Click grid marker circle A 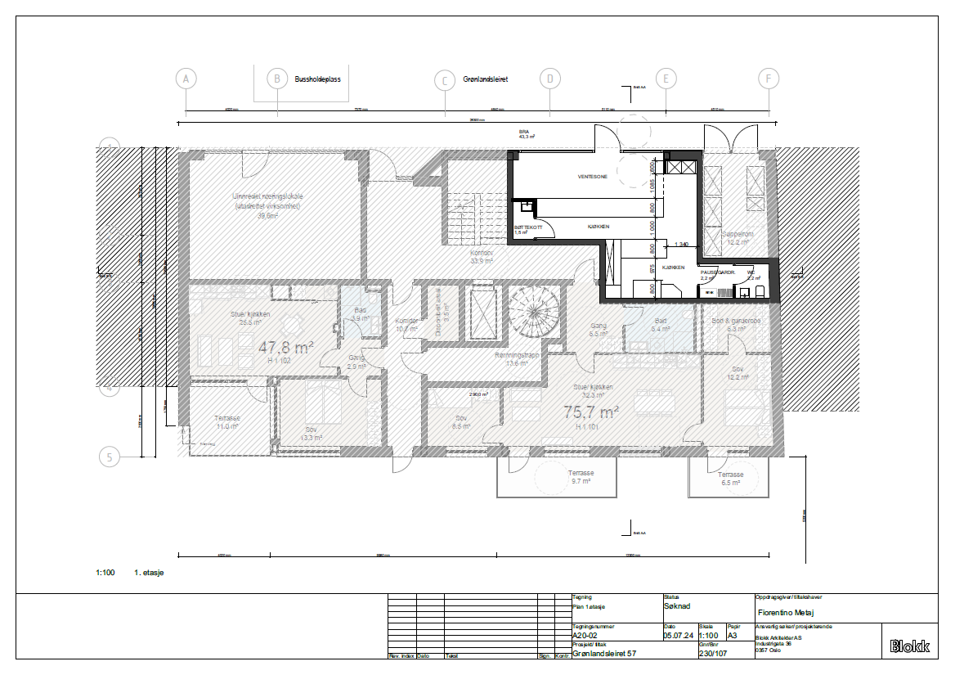[x=186, y=79]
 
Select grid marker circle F [x=769, y=79]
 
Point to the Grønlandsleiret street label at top [x=486, y=79]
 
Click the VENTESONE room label [x=591, y=177]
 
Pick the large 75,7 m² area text [x=591, y=412]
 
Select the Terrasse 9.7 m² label [x=581, y=477]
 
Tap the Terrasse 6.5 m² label [x=730, y=479]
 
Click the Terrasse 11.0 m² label [x=226, y=421]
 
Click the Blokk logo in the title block [x=909, y=646]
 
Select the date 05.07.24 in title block [x=678, y=635]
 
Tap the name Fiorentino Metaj [x=788, y=611]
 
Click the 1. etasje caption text [x=149, y=573]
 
